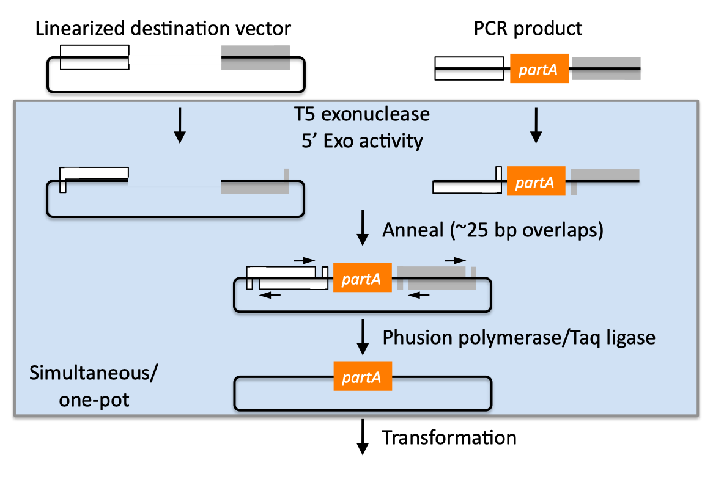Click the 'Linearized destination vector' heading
pyautogui.click(x=163, y=28)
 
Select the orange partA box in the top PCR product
pyautogui.click(x=539, y=68)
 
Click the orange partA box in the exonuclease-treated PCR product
pyautogui.click(x=535, y=181)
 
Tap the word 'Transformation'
pyautogui.click(x=449, y=437)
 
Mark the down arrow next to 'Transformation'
pyautogui.click(x=363, y=437)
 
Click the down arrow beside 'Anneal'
pyautogui.click(x=363, y=228)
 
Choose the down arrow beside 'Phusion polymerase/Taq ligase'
pyautogui.click(x=363, y=337)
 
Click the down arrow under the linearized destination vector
pyautogui.click(x=179, y=125)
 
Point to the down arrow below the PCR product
pyautogui.click(x=536, y=125)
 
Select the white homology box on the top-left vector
pyautogui.click(x=95, y=57)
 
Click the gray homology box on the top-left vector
pyautogui.click(x=256, y=57)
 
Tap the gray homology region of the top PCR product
pyautogui.click(x=606, y=68)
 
